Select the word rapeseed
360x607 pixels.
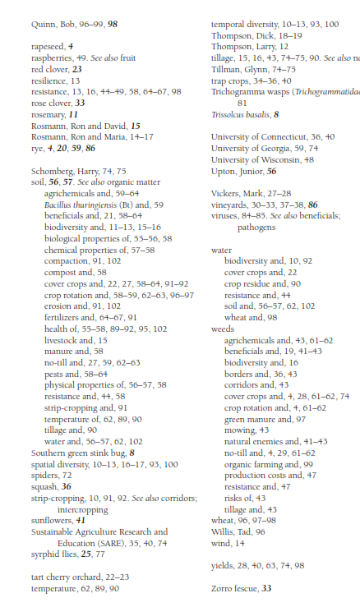point(48,47)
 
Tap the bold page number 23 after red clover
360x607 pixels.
point(76,70)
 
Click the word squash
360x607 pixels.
point(44,486)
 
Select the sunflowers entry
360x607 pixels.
point(51,520)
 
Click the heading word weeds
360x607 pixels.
point(223,329)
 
